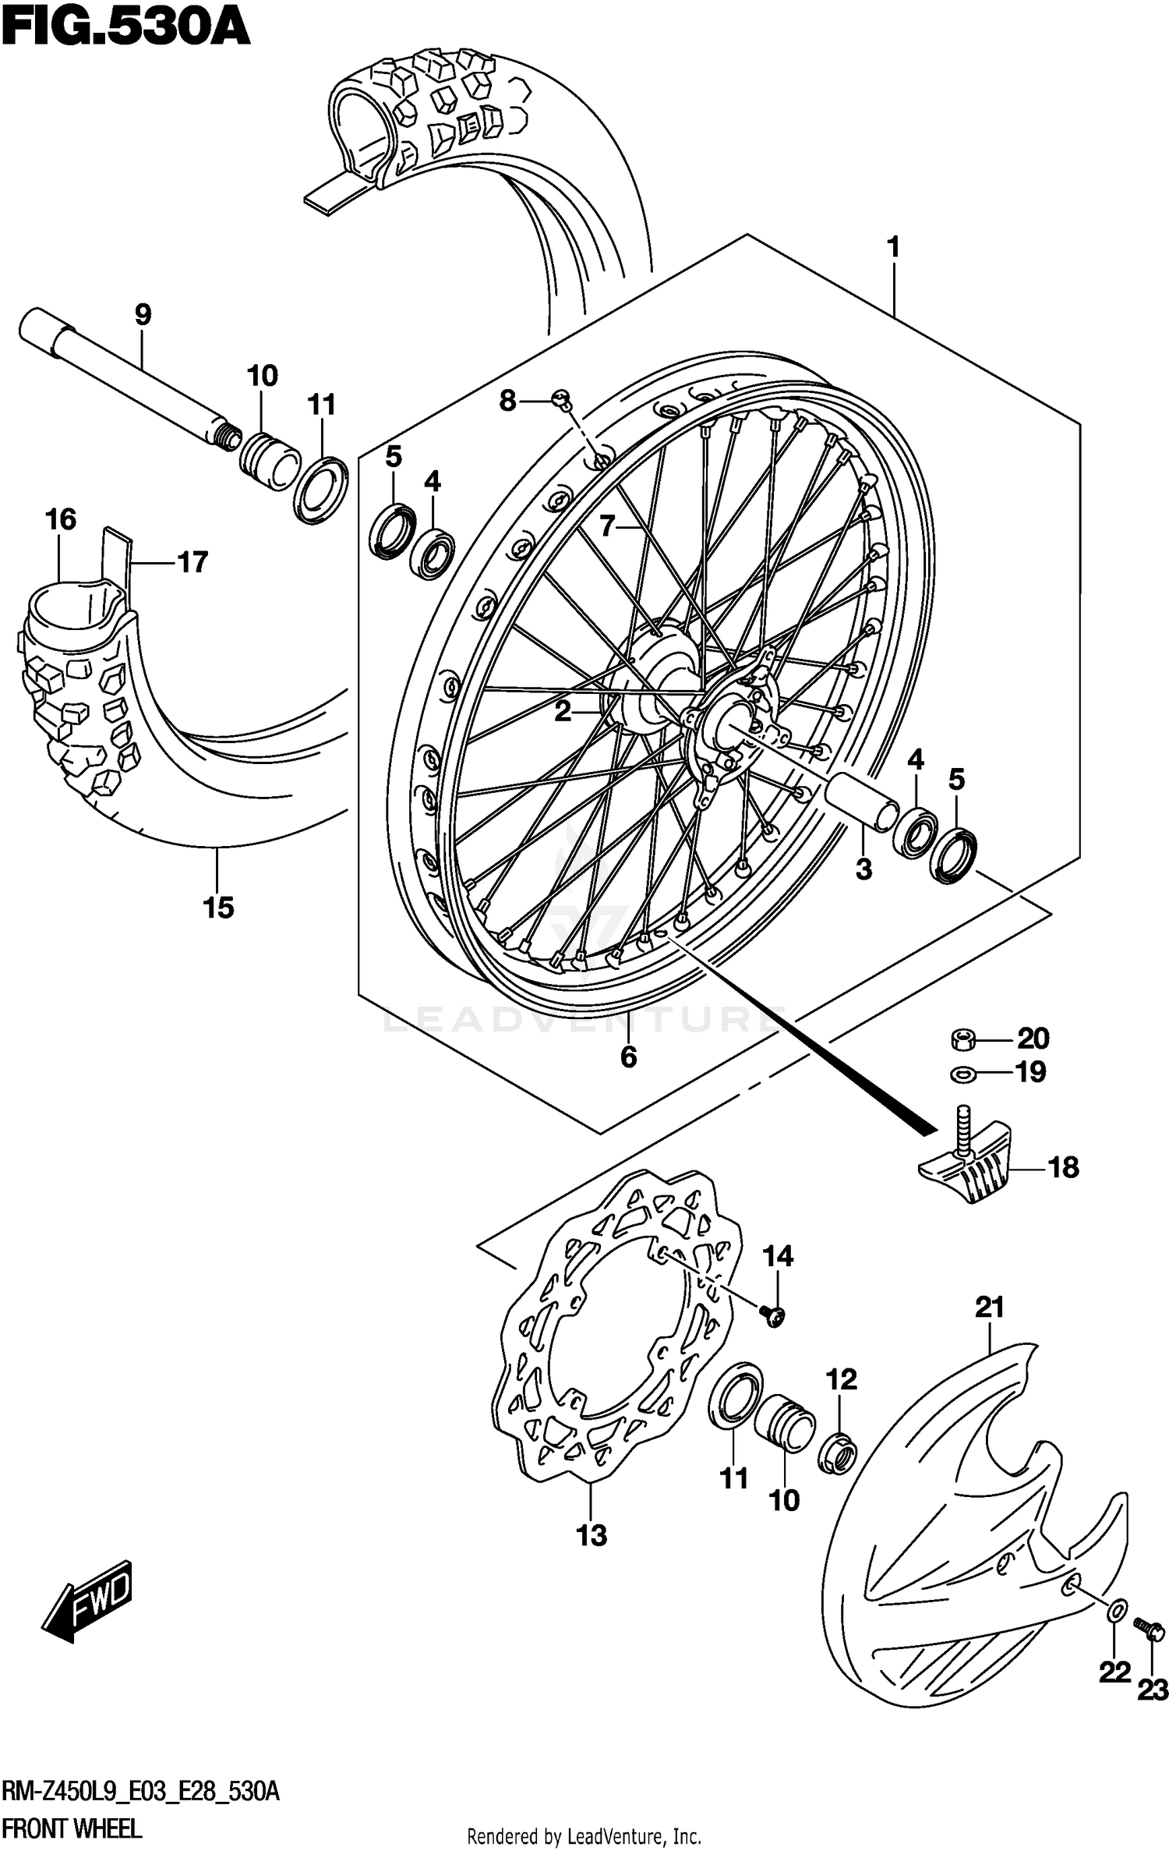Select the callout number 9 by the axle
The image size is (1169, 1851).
(142, 315)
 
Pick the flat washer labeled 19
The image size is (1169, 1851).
(964, 1074)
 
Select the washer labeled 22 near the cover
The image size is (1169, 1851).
(1116, 1609)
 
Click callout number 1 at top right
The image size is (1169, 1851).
(893, 248)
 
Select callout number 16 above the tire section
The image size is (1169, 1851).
(61, 519)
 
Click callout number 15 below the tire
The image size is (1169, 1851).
(218, 907)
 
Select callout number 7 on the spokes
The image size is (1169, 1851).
(608, 526)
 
